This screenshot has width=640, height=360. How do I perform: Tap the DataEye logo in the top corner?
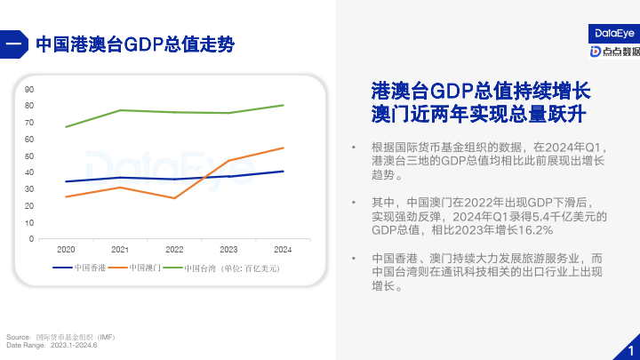coord(614,33)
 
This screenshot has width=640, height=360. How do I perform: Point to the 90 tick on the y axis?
coord(30,89)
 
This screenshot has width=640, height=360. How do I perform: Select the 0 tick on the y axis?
coord(32,238)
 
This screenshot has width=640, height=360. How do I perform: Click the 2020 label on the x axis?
coord(66,249)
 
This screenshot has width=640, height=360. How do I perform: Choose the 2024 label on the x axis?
coord(283,249)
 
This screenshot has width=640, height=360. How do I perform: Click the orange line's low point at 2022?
coord(174,198)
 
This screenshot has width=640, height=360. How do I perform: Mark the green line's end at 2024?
coord(284,105)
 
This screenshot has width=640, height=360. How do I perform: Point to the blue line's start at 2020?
coord(66,181)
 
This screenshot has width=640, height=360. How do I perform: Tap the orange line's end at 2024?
coord(284,148)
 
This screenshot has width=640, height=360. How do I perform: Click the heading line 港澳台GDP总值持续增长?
coord(481,91)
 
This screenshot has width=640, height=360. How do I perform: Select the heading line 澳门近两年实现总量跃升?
coord(481,115)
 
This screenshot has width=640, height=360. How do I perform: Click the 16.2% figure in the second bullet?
coord(532,230)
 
